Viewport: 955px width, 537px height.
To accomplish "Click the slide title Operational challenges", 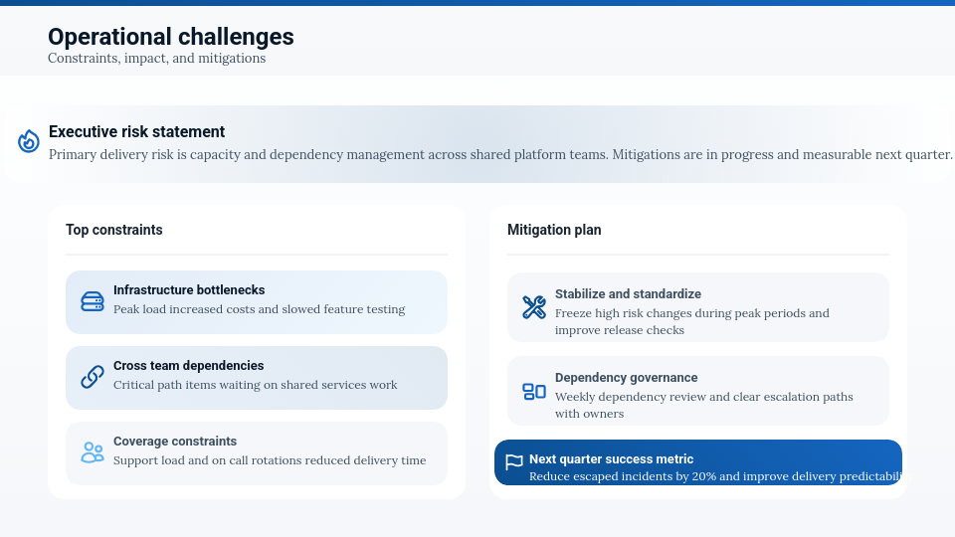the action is (x=170, y=37).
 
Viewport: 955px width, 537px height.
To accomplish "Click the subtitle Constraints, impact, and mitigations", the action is (x=156, y=59).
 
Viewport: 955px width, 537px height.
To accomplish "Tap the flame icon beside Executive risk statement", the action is (x=29, y=141).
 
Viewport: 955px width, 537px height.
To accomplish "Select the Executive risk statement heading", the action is (x=136, y=131).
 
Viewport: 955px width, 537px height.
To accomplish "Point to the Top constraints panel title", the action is (x=113, y=230).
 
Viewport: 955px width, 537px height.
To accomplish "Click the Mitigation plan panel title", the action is (x=554, y=230).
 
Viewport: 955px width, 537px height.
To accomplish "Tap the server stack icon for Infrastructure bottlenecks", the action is (x=93, y=301).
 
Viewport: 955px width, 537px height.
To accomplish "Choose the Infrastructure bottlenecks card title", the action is (x=189, y=289).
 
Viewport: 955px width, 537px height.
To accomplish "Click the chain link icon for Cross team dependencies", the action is (x=93, y=377).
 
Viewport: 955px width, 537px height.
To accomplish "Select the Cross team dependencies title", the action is (x=188, y=365).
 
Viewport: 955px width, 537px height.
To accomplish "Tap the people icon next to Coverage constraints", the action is (x=93, y=452).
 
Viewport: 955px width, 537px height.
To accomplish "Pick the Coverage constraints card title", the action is (x=175, y=441).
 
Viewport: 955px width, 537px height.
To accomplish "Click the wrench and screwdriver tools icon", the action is (x=534, y=307).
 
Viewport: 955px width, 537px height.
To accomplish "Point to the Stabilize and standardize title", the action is (x=628, y=293).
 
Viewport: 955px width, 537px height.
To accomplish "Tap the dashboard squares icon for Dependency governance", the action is (x=534, y=392).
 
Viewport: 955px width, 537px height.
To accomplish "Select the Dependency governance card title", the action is (x=626, y=378).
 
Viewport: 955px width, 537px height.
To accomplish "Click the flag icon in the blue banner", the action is (x=514, y=462).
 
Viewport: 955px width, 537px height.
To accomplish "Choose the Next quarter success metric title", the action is (x=611, y=459).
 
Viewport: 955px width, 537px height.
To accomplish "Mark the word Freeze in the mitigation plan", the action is (x=573, y=313).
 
